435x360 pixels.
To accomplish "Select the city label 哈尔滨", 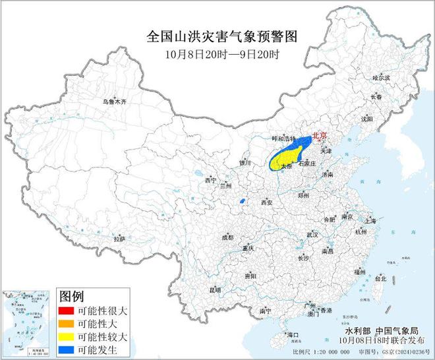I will click(x=381, y=78).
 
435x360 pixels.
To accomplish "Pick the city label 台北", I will click(x=380, y=279).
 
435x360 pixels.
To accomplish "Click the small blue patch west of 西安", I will click(x=243, y=200).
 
